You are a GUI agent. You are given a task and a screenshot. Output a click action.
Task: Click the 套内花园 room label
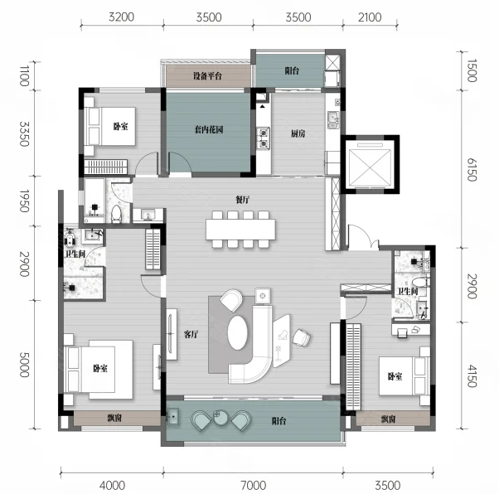pyautogui.click(x=209, y=129)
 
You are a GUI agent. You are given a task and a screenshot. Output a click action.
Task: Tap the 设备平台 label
pyautogui.click(x=207, y=75)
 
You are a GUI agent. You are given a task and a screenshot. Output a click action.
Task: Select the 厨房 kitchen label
pyautogui.click(x=298, y=133)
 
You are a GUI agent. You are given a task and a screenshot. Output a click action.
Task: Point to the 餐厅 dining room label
pyautogui.click(x=243, y=200)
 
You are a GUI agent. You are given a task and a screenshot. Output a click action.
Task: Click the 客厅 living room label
pyautogui.click(x=191, y=334)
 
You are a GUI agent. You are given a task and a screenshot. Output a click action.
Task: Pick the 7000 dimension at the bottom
pyautogui.click(x=254, y=486)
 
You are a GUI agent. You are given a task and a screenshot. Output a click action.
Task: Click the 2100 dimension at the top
pyautogui.click(x=370, y=17)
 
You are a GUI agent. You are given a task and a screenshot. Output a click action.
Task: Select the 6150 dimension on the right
pyautogui.click(x=472, y=170)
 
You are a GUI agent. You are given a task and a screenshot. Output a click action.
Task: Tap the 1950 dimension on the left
pyautogui.click(x=25, y=201)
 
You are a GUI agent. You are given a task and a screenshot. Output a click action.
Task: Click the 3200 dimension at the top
pyautogui.click(x=121, y=17)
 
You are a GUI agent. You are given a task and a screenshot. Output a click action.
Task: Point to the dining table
pyautogui.click(x=240, y=229)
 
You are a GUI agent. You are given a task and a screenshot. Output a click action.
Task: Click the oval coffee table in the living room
pyautogui.click(x=237, y=332)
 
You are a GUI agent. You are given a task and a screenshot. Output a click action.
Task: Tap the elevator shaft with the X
pyautogui.click(x=370, y=164)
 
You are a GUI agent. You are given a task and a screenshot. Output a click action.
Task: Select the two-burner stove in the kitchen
pyautogui.click(x=264, y=138)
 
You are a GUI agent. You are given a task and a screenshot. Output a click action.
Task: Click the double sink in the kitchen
pyautogui.click(x=333, y=120)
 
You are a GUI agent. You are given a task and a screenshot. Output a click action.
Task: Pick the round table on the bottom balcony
pyautogui.click(x=220, y=417)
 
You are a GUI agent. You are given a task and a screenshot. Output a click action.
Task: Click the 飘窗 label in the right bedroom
pyautogui.click(x=388, y=419)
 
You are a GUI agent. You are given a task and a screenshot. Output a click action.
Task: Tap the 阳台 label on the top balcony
pyautogui.click(x=292, y=70)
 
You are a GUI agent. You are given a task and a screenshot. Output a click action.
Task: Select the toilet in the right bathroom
pyautogui.click(x=419, y=282)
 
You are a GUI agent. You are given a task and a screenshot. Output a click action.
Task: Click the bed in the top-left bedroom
pyautogui.click(x=110, y=126)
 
